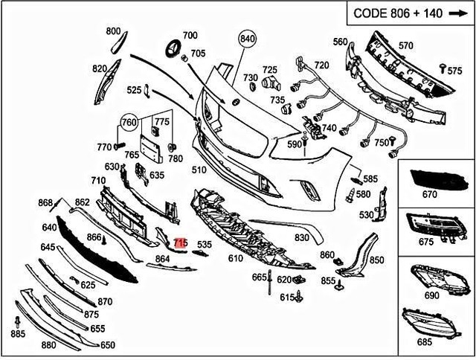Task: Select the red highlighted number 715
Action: pos(179,243)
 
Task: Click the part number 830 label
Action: pos(301,238)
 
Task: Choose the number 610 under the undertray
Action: pos(235,258)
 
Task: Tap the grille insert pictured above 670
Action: pos(435,178)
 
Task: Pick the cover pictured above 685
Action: pos(434,322)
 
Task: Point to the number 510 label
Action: pos(199,170)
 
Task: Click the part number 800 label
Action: pos(113,31)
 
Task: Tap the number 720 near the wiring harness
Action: pos(321,65)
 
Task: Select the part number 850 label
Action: pos(376,260)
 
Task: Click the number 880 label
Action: pos(48,345)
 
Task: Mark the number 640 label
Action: pos(49,228)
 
